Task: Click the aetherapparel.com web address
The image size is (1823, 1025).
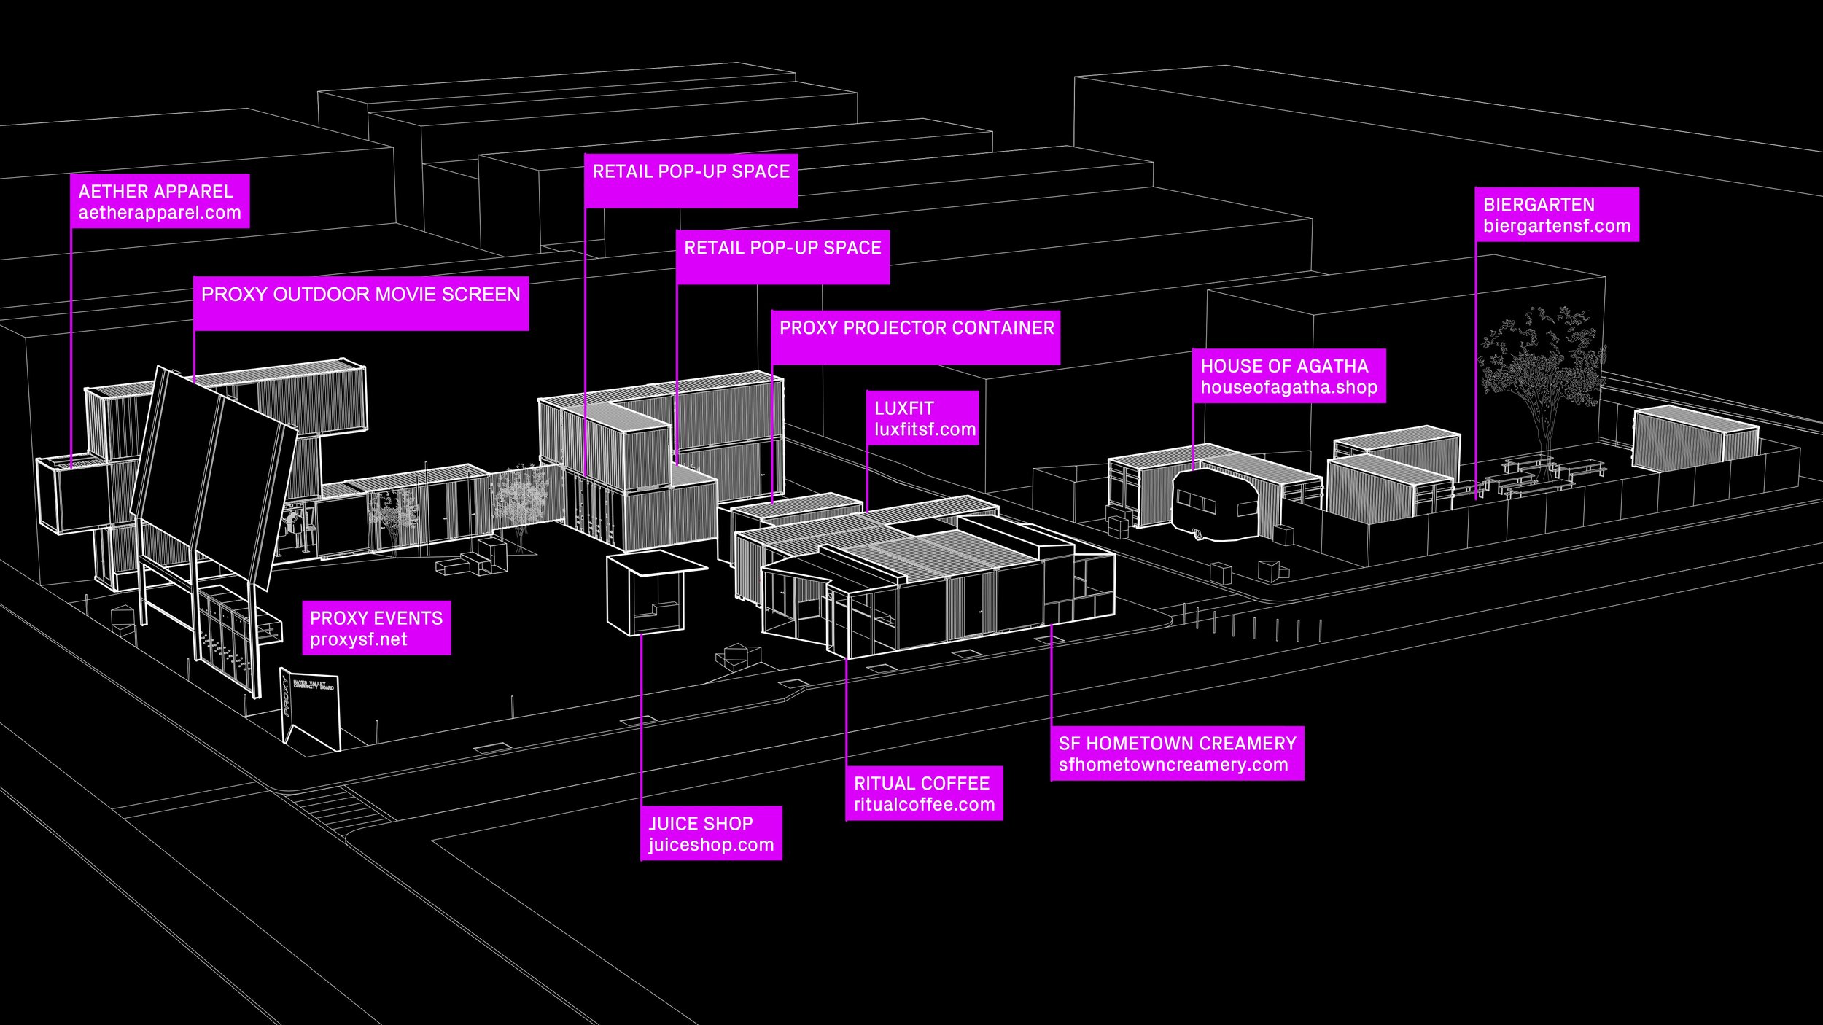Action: click(x=160, y=213)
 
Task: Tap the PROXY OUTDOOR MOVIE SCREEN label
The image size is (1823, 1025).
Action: click(x=360, y=295)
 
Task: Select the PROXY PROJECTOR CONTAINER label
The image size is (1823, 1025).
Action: click(x=917, y=328)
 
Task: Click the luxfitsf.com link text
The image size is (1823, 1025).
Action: click(x=925, y=429)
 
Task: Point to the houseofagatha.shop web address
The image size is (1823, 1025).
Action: click(x=1288, y=387)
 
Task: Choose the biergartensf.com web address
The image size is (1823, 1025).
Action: click(x=1556, y=226)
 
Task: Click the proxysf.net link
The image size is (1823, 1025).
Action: click(x=358, y=639)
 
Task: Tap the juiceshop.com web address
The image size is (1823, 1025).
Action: click(x=711, y=845)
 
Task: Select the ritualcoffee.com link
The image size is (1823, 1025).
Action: click(x=924, y=805)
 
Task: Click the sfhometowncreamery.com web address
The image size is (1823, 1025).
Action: click(x=1173, y=765)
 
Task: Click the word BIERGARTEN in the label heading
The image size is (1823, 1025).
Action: click(x=1539, y=205)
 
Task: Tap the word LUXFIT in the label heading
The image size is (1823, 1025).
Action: click(x=903, y=408)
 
